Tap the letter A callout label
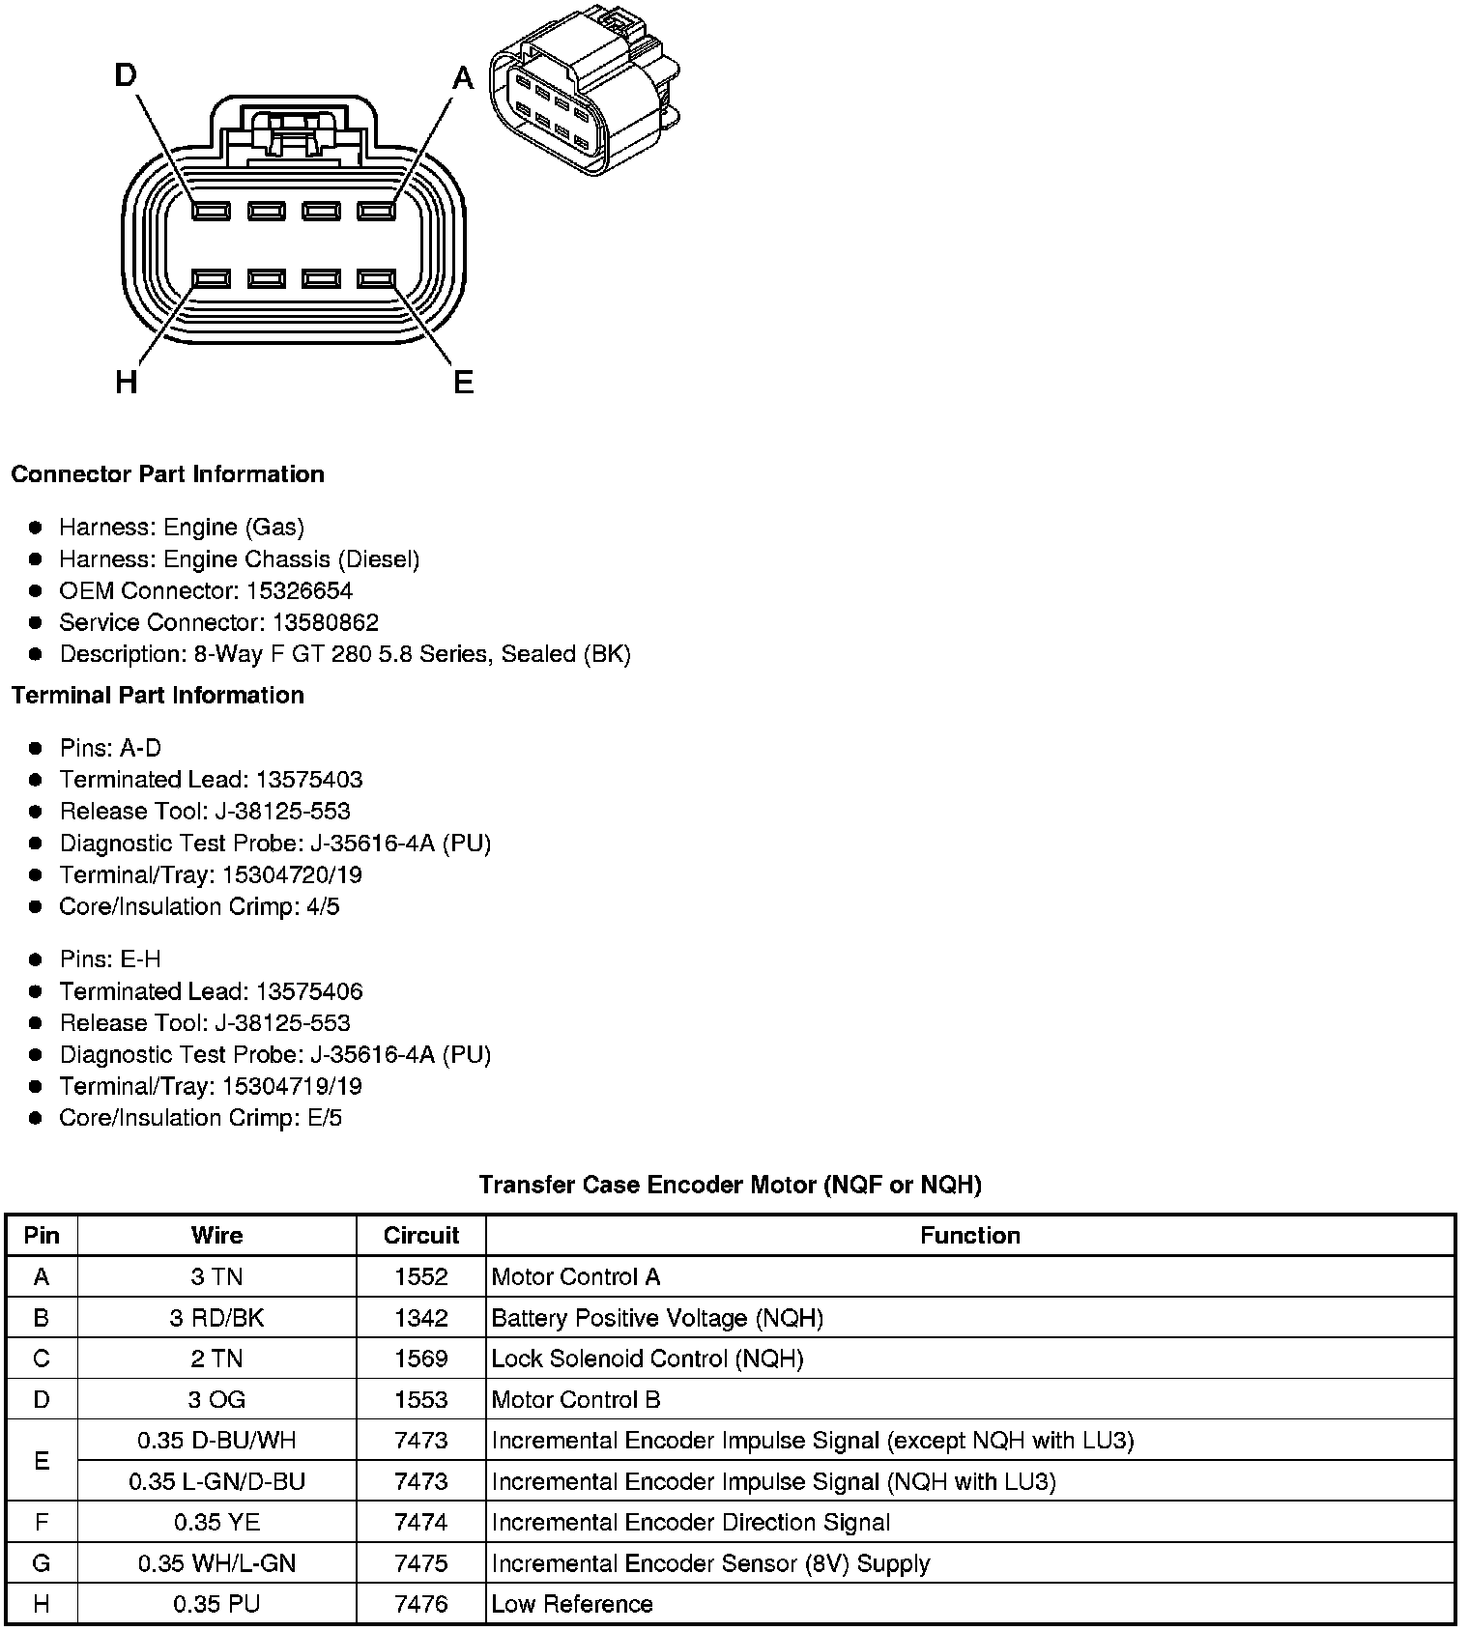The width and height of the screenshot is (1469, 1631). point(464,77)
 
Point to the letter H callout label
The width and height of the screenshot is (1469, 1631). point(126,383)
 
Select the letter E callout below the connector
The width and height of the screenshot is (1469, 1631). point(464,383)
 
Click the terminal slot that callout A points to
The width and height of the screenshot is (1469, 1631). point(376,211)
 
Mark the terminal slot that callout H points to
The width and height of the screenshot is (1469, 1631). point(211,279)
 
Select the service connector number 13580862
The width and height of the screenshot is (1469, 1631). point(322,622)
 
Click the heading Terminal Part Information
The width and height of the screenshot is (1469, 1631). point(158,695)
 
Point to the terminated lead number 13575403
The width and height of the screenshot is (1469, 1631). point(308,779)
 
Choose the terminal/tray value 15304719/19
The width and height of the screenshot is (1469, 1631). point(292,1086)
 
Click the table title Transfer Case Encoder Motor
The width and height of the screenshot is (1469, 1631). point(730,1185)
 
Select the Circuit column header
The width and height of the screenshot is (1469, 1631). point(420,1235)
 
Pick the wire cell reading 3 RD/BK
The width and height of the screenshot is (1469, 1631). point(216,1318)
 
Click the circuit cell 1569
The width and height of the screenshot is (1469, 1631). point(420,1359)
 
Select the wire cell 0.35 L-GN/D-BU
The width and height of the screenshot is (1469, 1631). point(216,1481)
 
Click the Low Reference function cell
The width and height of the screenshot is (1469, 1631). point(572,1604)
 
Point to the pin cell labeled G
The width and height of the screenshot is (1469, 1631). point(41,1563)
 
